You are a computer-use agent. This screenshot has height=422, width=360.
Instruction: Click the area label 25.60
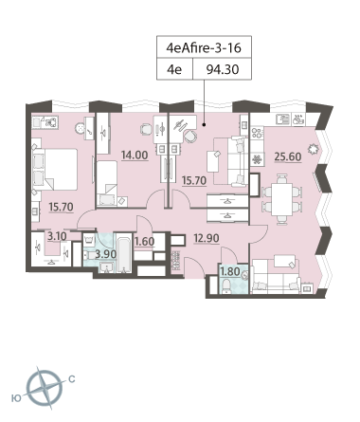point(288,156)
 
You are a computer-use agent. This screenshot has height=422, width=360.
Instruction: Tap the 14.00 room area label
point(135,156)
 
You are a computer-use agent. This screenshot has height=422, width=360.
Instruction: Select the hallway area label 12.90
point(207,238)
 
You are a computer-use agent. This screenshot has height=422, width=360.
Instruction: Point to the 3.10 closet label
point(57,236)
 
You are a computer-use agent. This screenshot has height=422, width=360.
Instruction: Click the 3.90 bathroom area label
point(106,254)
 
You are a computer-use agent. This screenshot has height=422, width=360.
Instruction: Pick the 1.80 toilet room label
point(230,271)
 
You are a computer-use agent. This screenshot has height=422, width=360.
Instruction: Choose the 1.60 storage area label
point(145,242)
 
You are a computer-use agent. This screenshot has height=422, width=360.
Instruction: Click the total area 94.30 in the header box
point(223,69)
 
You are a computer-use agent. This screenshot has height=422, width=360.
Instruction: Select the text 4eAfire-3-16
point(204,47)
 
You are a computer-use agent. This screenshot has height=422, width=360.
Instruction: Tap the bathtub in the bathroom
point(124,253)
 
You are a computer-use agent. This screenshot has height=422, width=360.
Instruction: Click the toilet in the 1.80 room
point(226,285)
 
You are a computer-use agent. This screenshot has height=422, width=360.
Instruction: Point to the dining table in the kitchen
point(281,199)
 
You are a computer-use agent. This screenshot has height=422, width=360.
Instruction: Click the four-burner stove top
point(257,133)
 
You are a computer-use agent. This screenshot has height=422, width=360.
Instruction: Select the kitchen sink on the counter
point(282,119)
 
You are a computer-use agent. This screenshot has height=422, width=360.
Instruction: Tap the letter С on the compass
point(72,378)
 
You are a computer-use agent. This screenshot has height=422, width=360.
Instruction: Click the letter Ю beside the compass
point(16,398)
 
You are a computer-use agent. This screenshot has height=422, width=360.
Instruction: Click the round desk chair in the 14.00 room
point(146,129)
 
